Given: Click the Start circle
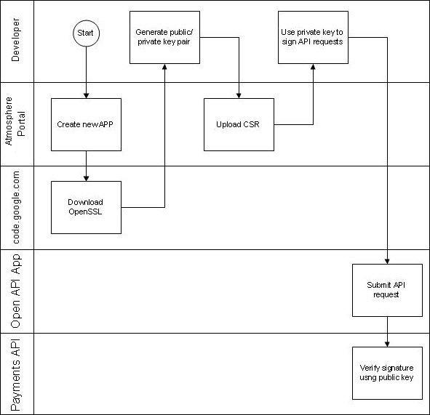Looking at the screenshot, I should (x=87, y=33).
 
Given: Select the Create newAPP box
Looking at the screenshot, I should (x=86, y=124).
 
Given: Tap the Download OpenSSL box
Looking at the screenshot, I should (x=86, y=207).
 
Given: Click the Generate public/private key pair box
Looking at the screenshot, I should (x=165, y=37).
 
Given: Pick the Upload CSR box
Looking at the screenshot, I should (x=239, y=124).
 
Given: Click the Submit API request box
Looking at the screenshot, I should (x=387, y=290).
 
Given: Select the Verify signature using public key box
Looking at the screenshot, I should (x=387, y=372).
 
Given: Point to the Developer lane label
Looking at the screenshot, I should (x=17, y=41).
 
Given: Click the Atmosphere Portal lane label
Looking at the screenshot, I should (x=17, y=124).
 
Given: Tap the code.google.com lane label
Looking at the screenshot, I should (x=17, y=207).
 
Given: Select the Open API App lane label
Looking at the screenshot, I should (x=17, y=291).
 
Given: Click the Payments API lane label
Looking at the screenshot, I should (x=17, y=374).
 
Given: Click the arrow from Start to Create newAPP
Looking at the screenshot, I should (x=87, y=73).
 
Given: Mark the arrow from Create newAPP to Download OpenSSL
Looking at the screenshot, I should (x=87, y=166).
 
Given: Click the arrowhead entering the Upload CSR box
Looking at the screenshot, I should (x=239, y=94).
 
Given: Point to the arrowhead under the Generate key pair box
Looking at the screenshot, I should (x=165, y=68).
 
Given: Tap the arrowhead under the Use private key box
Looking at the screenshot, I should (x=313, y=68).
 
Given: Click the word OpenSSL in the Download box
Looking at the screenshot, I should (x=86, y=211).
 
